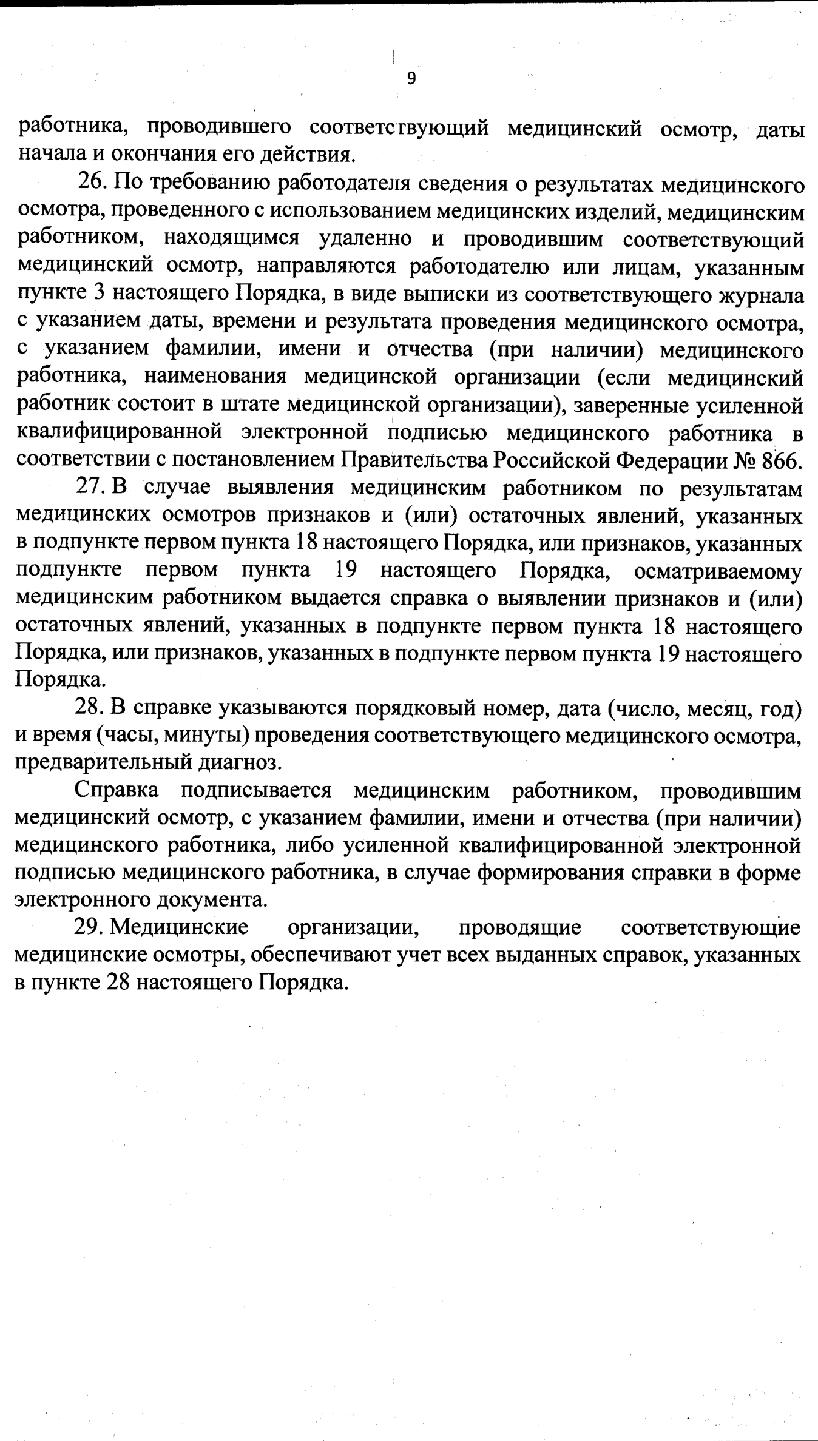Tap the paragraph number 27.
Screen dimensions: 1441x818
coord(91,488)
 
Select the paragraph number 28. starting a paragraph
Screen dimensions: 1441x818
coord(91,707)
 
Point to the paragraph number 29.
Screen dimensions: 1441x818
coord(91,928)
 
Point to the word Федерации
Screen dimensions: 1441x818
coord(670,461)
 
